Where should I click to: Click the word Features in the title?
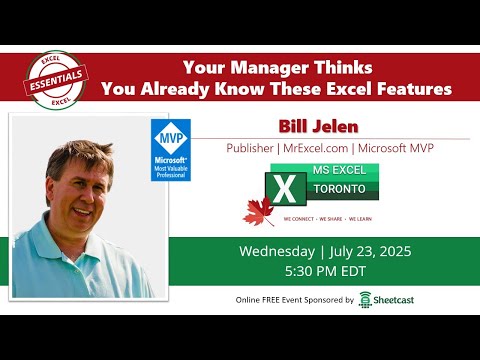pos(409,89)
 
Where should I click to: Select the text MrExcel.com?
pos(321,148)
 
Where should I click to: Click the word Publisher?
pos(251,148)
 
